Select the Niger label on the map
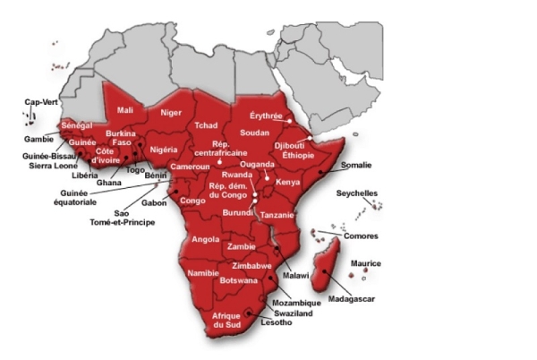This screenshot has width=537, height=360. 170,113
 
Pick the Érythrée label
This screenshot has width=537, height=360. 266,116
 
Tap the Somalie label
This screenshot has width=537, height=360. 356,166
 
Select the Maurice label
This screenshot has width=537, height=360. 365,263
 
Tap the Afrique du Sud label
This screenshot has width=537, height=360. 226,323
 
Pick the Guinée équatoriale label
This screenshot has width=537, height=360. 79,197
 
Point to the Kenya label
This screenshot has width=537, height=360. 288,182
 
